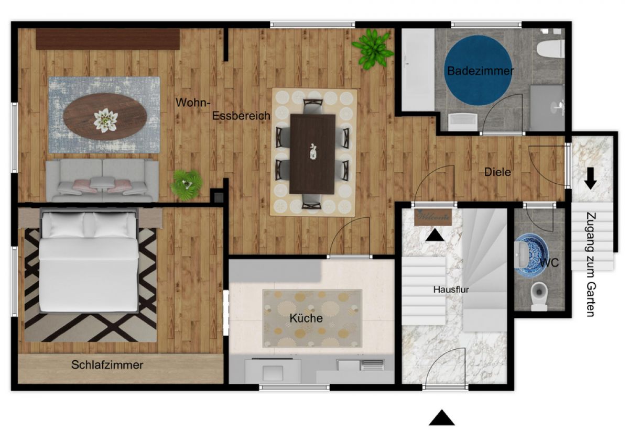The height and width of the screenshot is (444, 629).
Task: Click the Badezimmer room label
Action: (x=481, y=71)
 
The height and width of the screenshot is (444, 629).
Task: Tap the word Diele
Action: (x=497, y=172)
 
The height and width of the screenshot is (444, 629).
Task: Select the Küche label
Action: (x=306, y=318)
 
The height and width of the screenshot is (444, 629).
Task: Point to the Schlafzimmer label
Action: (x=107, y=365)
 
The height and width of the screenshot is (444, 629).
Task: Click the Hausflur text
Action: (x=451, y=290)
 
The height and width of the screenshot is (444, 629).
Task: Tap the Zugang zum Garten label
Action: (x=591, y=264)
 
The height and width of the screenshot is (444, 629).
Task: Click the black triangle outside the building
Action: (x=442, y=418)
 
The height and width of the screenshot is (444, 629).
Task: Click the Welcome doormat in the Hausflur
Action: (x=433, y=217)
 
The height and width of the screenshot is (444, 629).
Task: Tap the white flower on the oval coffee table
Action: (x=105, y=120)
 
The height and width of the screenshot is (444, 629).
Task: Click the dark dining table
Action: (x=312, y=154)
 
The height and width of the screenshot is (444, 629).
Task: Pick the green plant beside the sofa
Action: (x=187, y=185)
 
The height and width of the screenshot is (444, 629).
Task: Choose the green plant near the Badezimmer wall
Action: (x=373, y=49)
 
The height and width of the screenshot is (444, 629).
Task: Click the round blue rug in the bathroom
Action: (x=478, y=70)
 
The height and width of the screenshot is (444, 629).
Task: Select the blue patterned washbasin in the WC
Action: (x=530, y=255)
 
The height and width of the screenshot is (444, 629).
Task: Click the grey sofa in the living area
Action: (x=102, y=180)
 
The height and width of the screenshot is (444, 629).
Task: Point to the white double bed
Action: (x=89, y=261)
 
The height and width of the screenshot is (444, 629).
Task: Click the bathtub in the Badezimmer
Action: (x=418, y=70)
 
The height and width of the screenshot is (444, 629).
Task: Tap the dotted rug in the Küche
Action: (x=312, y=318)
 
